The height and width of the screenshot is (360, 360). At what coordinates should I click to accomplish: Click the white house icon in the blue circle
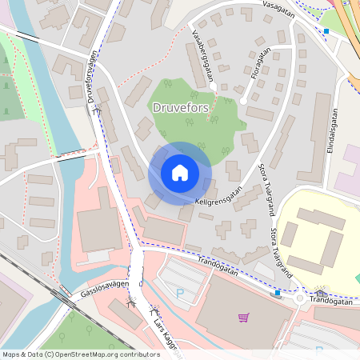180,173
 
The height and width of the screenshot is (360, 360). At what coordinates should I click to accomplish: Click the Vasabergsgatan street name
205,58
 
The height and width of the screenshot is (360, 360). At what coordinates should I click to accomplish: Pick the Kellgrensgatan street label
218,197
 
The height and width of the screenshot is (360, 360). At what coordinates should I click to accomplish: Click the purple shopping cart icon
243,317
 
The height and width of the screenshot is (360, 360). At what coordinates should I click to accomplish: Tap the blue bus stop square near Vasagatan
326,32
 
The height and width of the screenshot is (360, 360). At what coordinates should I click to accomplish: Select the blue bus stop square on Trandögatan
278,293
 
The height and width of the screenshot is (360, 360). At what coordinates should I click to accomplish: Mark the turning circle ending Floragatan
243,102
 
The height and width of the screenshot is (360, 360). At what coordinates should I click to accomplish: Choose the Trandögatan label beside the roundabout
336,302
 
